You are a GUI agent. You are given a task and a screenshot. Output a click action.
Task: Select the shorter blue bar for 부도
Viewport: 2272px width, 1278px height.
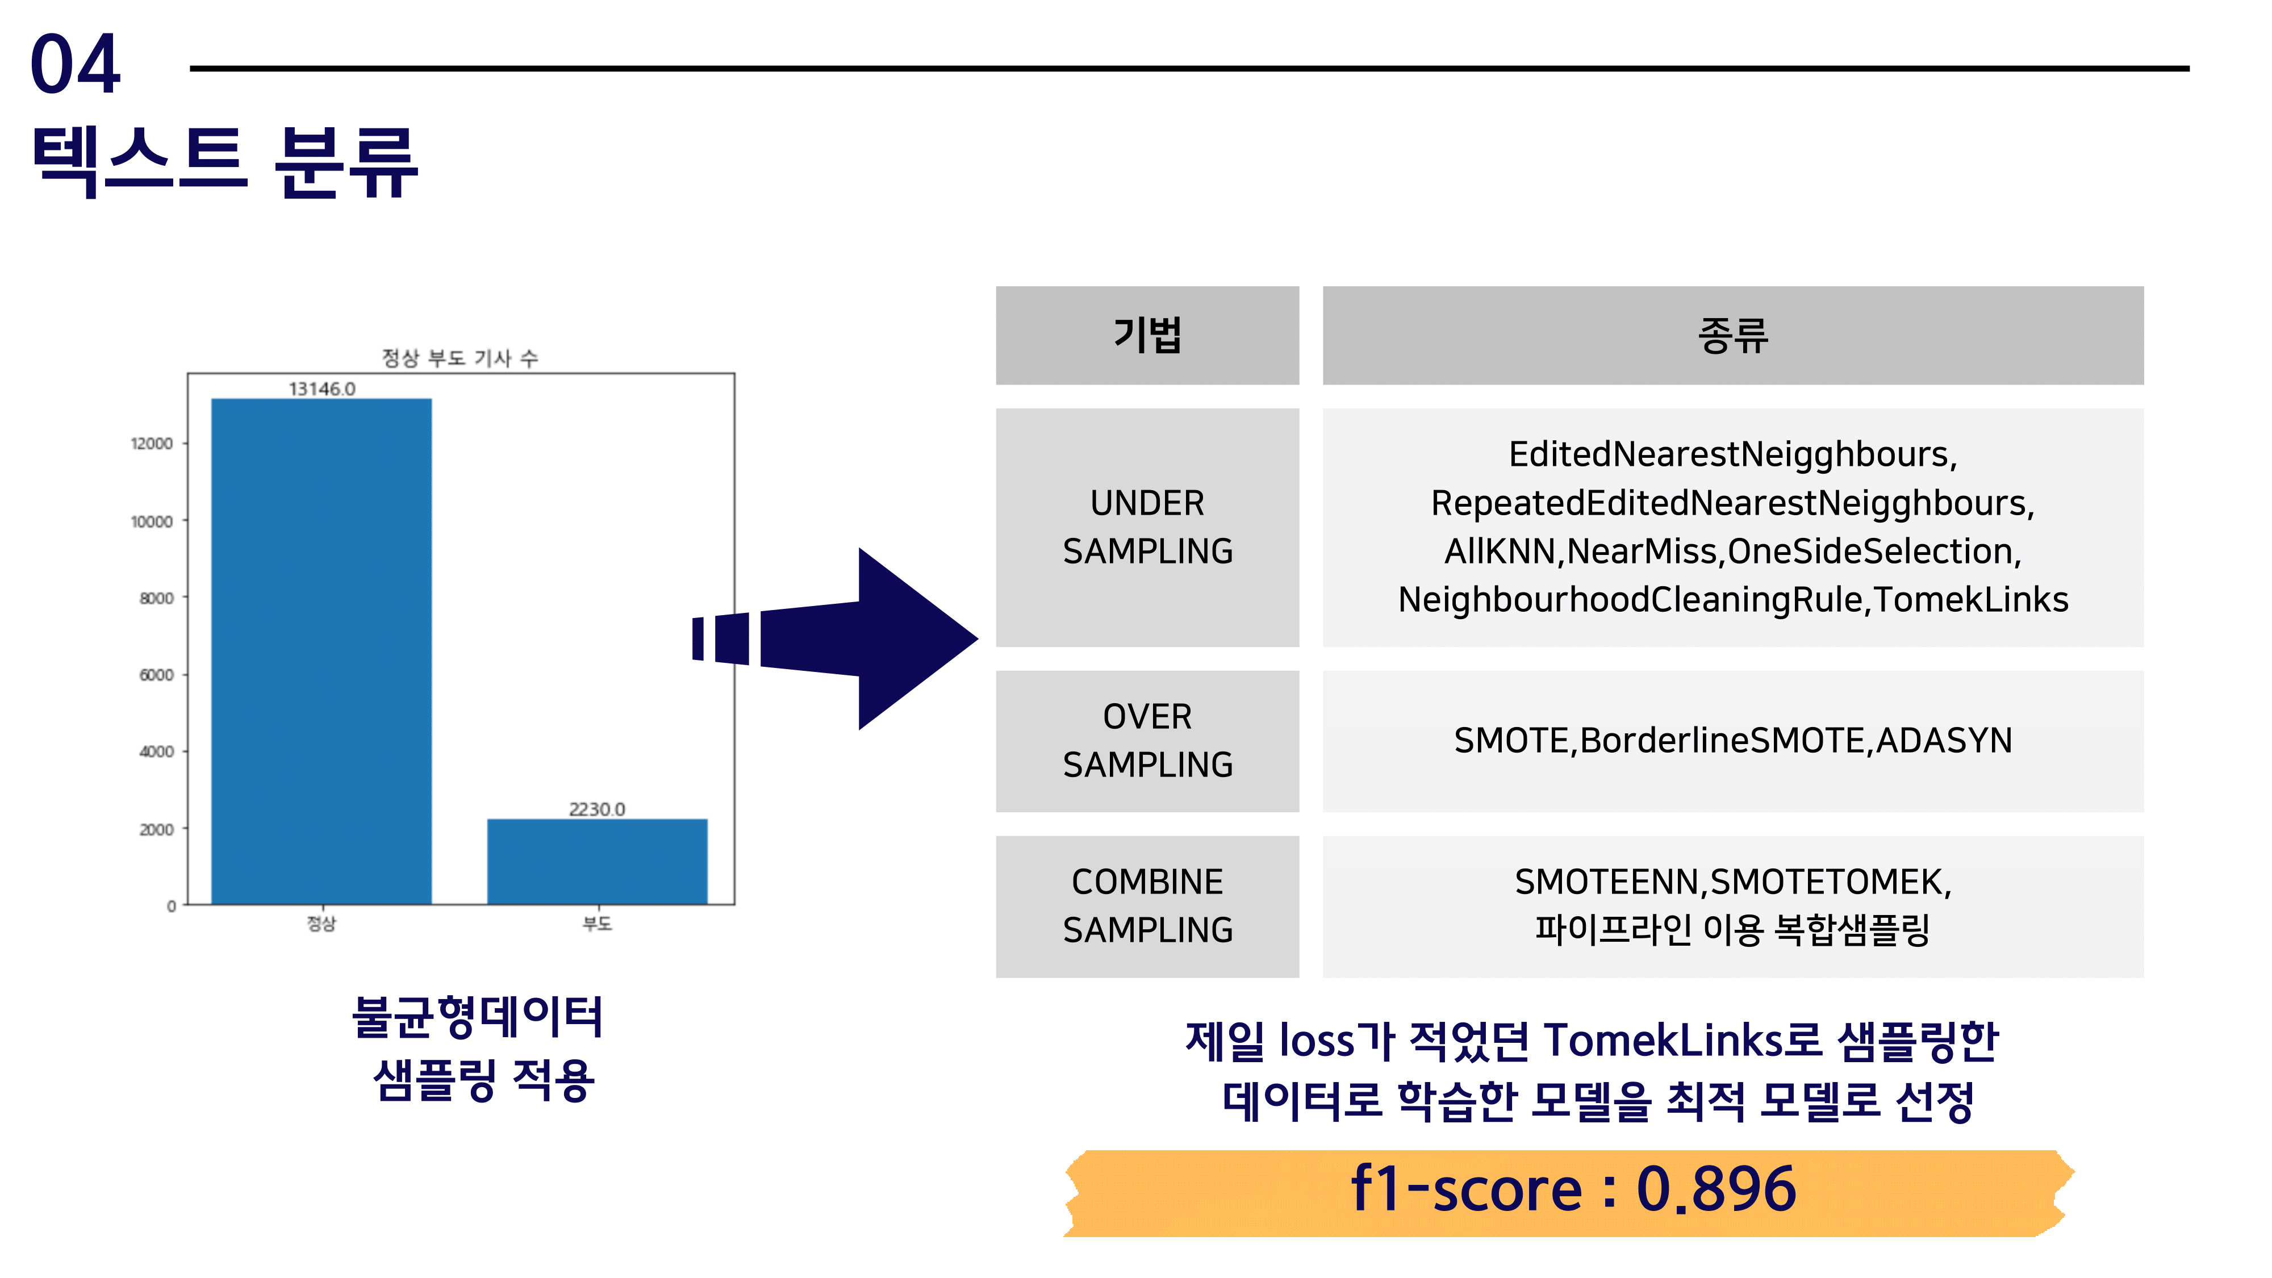(x=597, y=861)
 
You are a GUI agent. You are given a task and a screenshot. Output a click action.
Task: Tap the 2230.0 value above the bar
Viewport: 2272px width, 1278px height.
(x=597, y=809)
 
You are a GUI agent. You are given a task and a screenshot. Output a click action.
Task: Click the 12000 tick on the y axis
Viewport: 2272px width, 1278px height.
(x=152, y=444)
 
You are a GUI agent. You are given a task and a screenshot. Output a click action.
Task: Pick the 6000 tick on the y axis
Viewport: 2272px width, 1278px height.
(x=156, y=675)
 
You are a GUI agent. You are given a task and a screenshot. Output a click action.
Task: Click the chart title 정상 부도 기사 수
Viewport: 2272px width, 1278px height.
(x=460, y=358)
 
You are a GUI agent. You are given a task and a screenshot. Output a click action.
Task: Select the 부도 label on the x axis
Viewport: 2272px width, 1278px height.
(x=597, y=924)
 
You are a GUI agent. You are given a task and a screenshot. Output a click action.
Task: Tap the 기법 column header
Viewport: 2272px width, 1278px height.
(x=1147, y=335)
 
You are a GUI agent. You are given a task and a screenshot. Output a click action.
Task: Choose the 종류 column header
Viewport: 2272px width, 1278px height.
(x=1732, y=335)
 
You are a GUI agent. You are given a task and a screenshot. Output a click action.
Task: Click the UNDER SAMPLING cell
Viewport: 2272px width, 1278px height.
(x=1147, y=528)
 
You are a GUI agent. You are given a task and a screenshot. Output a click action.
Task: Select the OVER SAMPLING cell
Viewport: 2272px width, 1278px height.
(x=1147, y=741)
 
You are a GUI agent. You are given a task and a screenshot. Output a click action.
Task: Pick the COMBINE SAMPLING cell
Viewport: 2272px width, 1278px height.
(x=1147, y=906)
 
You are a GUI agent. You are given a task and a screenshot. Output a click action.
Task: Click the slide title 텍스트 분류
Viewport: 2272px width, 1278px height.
(x=225, y=161)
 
